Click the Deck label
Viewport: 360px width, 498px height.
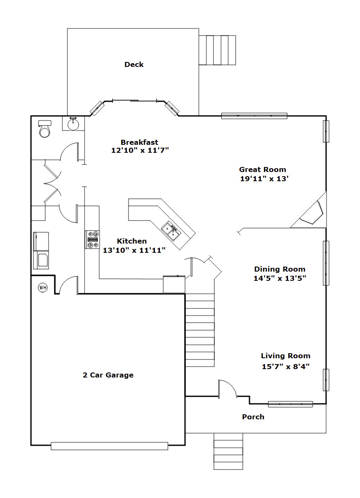pyautogui.click(x=134, y=64)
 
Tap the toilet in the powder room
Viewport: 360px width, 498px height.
pyautogui.click(x=44, y=128)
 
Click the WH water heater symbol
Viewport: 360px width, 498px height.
pyautogui.click(x=43, y=288)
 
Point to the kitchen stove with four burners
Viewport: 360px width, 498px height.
pyautogui.click(x=92, y=240)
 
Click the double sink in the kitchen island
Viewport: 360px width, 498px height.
pyautogui.click(x=171, y=231)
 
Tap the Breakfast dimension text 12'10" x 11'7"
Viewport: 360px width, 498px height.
pyautogui.click(x=140, y=150)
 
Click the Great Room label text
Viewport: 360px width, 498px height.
pyautogui.click(x=262, y=169)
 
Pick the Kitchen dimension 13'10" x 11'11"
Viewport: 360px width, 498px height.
pyautogui.click(x=134, y=250)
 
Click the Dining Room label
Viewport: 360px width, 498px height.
pyautogui.click(x=280, y=270)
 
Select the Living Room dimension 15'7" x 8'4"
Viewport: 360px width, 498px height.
pyautogui.click(x=285, y=367)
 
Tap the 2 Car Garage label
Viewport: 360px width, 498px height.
pyautogui.click(x=108, y=375)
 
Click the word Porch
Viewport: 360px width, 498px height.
pyautogui.click(x=253, y=417)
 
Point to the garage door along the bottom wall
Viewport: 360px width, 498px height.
pyautogui.click(x=109, y=446)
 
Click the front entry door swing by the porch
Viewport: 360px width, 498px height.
pyautogui.click(x=227, y=388)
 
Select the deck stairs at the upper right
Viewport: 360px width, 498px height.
pyautogui.click(x=217, y=50)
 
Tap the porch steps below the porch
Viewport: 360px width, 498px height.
pyautogui.click(x=228, y=451)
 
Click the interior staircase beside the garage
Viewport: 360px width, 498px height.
pyautogui.click(x=200, y=330)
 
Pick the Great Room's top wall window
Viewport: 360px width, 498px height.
pyautogui.click(x=254, y=116)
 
